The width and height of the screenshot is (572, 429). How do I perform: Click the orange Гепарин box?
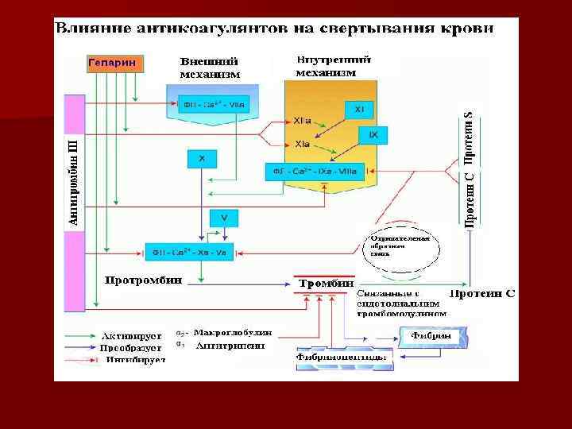click(111, 63)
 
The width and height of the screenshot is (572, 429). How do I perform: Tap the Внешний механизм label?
click(209, 68)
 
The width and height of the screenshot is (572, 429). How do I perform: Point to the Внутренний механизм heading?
click(327, 66)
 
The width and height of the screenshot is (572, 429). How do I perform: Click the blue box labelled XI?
click(359, 108)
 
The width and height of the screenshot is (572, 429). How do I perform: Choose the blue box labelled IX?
click(373, 136)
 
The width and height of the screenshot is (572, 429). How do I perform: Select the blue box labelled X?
click(202, 159)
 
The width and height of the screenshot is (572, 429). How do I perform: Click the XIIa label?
click(302, 121)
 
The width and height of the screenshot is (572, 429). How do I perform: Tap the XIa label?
click(302, 145)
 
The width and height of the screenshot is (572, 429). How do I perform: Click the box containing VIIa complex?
click(214, 103)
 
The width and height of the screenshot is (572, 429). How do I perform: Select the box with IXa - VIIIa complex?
click(315, 171)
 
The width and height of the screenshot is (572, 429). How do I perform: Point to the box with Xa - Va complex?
click(189, 252)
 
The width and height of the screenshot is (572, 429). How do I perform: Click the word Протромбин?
click(144, 280)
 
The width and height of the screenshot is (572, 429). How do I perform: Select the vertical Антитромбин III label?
click(74, 181)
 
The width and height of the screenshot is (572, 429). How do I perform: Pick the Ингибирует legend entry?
click(135, 359)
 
